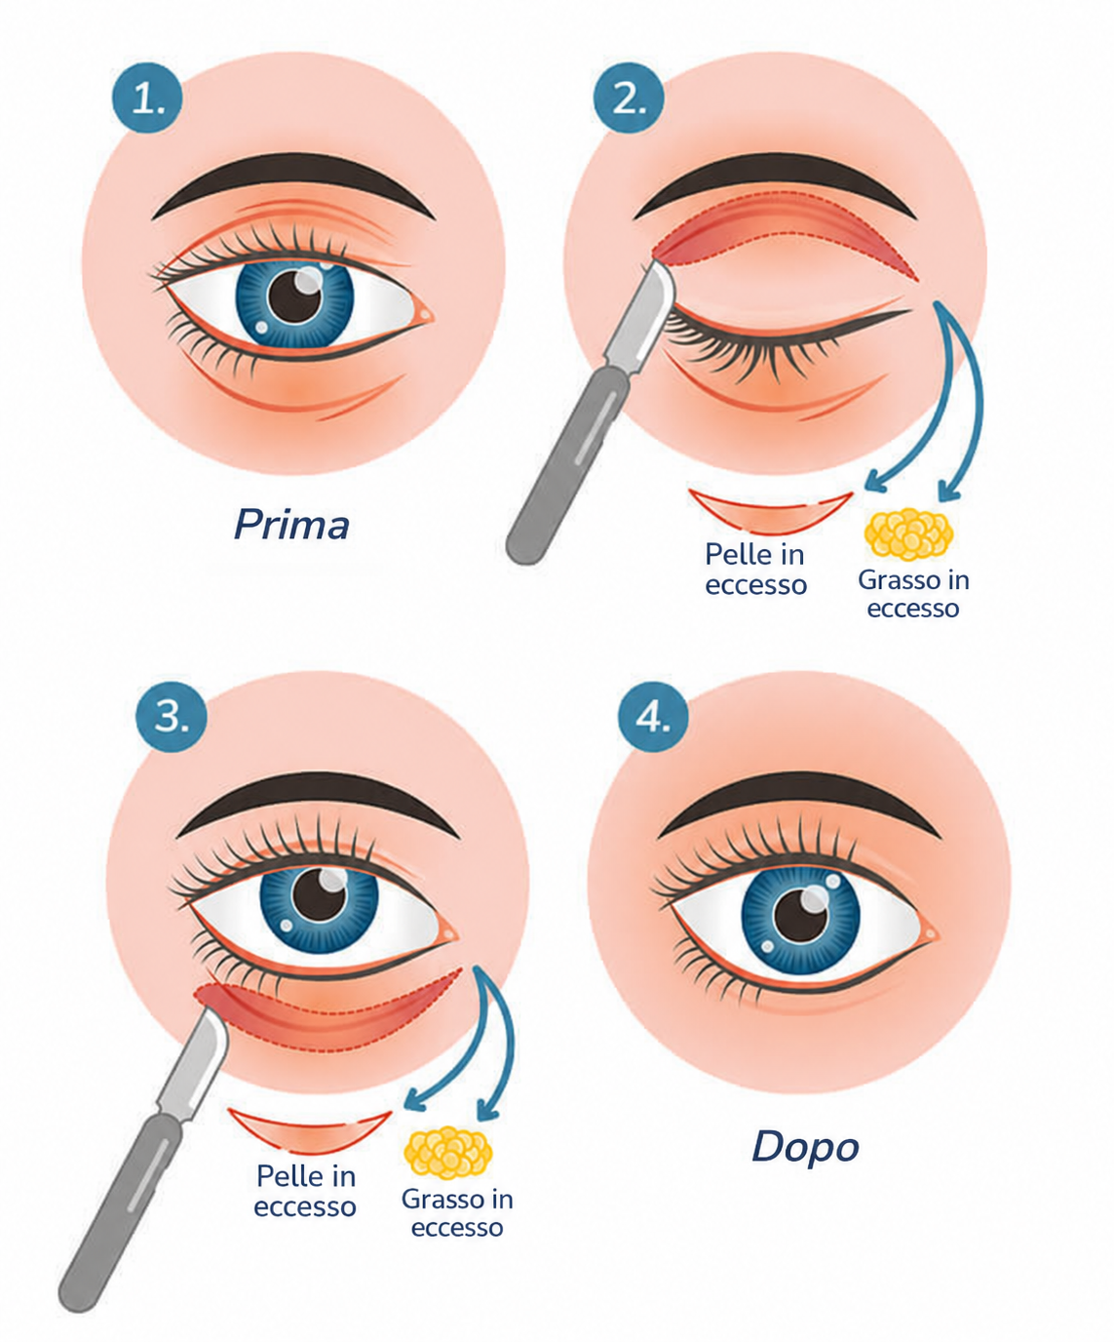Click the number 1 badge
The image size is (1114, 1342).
coord(147,99)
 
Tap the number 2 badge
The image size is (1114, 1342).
coord(629,99)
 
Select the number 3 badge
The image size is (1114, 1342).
coord(172,717)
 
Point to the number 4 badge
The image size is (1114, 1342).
coord(653,717)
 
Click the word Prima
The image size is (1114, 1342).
coord(291,525)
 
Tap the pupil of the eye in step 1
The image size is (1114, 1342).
coord(294,296)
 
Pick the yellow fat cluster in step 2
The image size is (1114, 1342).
coord(908,533)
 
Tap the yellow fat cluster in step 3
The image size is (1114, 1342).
coord(448,1153)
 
